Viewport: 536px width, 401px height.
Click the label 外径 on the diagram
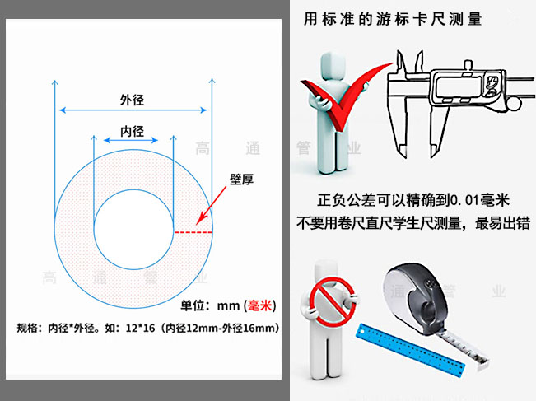(x=133, y=100)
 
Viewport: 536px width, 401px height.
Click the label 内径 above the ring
(x=133, y=131)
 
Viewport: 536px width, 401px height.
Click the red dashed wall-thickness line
(x=193, y=232)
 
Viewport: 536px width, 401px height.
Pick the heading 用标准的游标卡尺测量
(x=393, y=18)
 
